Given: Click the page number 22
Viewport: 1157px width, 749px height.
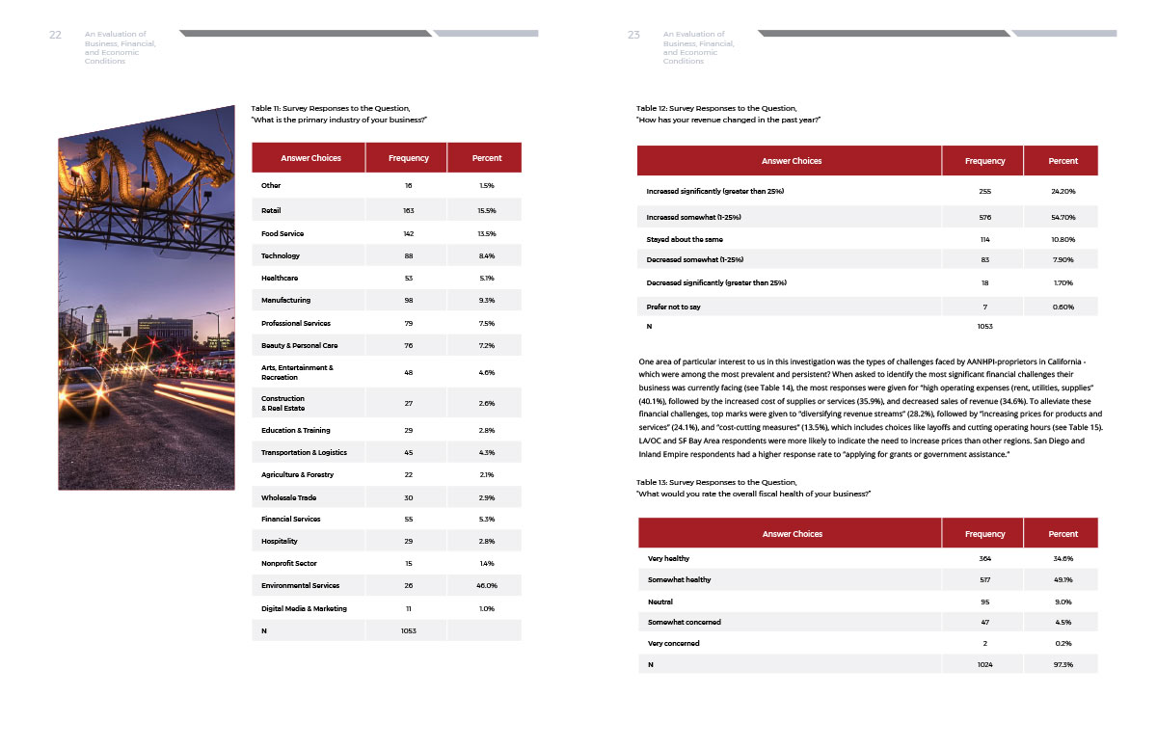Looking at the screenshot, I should (55, 35).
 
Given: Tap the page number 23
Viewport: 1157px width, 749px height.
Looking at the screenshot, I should (633, 35).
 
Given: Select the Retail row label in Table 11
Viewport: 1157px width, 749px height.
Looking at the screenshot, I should (271, 210).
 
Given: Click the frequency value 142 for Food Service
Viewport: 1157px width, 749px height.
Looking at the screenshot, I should (408, 233).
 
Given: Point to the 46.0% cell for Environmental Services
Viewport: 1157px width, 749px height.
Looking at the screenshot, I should (487, 585).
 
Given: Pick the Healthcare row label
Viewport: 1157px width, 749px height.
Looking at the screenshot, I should (280, 278).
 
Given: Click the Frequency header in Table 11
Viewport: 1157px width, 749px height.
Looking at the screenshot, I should (408, 158).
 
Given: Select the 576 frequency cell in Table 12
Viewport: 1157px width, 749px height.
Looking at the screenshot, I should (984, 218).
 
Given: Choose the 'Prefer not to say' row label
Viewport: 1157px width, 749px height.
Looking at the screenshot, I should (673, 307).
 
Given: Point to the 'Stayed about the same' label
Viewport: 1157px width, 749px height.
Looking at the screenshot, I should (684, 239).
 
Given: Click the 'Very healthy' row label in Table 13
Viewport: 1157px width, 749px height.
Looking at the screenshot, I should (668, 558).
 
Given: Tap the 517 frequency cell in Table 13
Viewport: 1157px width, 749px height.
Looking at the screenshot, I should (984, 579).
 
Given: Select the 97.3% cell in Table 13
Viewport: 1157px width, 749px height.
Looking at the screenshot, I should (1063, 664).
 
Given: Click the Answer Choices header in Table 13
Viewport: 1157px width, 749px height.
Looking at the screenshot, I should (792, 534).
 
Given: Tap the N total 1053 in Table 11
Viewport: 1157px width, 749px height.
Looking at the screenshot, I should (408, 630).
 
